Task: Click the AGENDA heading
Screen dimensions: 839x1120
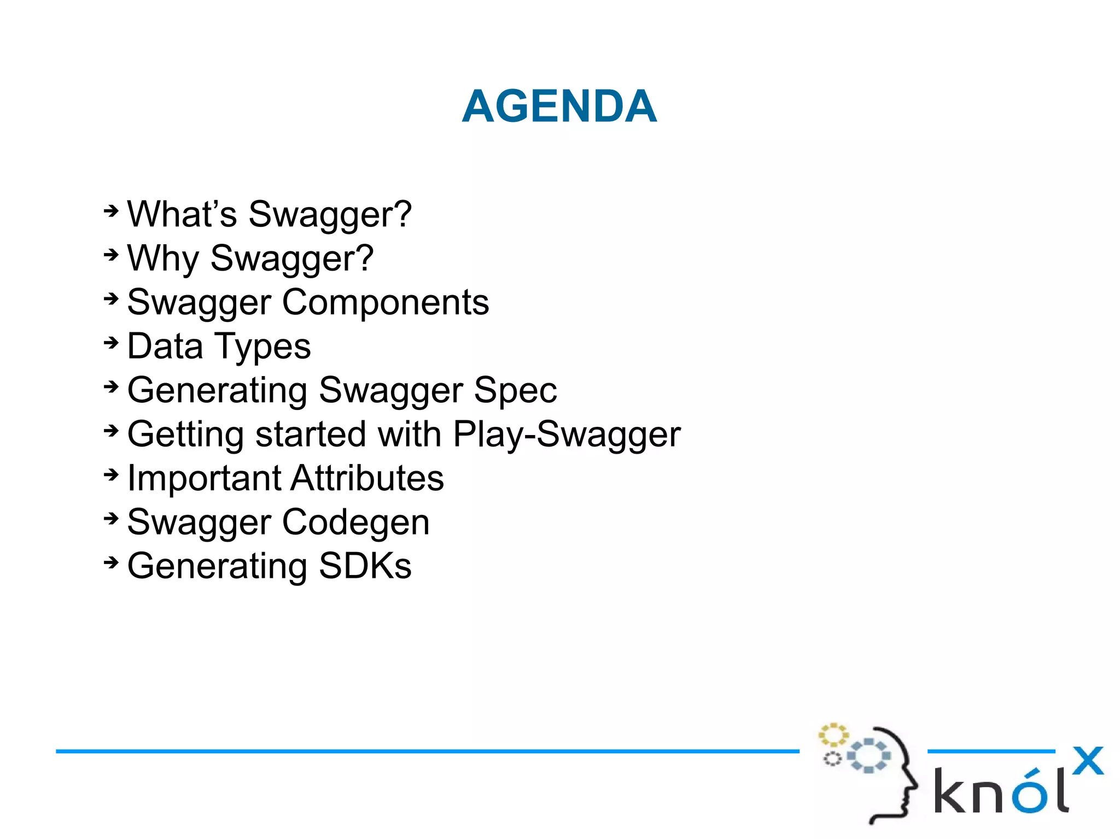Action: tap(559, 107)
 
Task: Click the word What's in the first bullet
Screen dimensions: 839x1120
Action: tap(182, 214)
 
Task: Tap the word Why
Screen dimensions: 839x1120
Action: tap(162, 259)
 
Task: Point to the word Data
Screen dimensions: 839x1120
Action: tap(165, 347)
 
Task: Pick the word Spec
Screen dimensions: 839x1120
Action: tap(515, 391)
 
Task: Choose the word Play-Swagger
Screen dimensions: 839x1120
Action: tap(567, 435)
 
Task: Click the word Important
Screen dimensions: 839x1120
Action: tap(203, 479)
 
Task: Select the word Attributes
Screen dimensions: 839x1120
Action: tap(367, 478)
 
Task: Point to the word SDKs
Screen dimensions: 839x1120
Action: tap(365, 566)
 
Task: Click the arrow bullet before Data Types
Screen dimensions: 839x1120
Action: tap(111, 343)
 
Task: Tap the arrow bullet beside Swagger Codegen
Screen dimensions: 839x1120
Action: tap(111, 519)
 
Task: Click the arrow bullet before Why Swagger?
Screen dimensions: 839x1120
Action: tap(111, 255)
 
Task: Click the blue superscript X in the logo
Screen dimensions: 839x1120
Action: tap(1087, 760)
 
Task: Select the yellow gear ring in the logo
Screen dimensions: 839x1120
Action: tap(833, 735)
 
